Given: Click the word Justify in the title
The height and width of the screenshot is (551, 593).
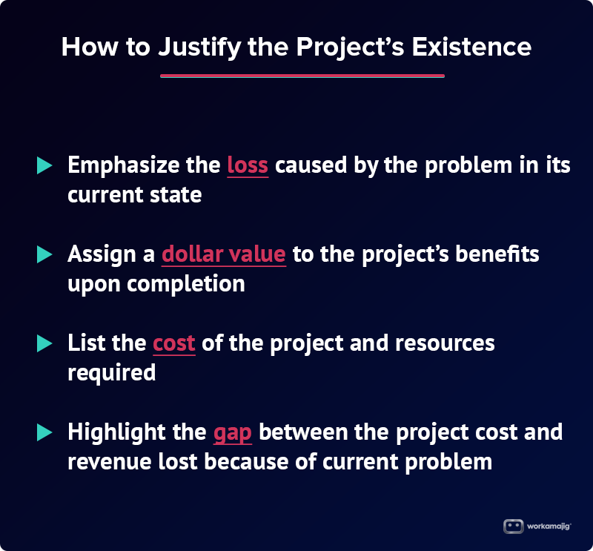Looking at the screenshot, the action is pos(199,47).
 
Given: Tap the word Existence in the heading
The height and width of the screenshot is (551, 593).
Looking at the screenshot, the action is pos(471,47).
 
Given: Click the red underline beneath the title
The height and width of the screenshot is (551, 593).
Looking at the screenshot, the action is pos(302,76).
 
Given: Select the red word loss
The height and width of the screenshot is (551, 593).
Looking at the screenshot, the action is pos(248,165).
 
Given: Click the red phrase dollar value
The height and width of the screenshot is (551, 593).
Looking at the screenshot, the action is pos(224,254).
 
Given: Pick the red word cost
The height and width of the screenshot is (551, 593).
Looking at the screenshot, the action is pos(174,343).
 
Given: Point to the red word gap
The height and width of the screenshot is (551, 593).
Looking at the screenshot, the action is pos(232,434).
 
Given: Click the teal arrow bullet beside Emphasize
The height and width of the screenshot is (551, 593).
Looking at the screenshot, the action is pos(44,165).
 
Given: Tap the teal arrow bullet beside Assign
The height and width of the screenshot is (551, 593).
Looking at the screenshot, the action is pos(44,254).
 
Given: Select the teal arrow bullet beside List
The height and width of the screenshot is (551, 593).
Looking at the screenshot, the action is pos(44,343).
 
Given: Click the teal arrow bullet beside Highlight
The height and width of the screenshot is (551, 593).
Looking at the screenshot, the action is pos(44,432).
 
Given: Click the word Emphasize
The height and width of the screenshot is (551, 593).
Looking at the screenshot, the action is pos(123,166).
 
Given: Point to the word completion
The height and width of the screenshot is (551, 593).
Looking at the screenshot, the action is pos(186,285).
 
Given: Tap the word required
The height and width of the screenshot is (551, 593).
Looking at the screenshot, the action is pos(112,373).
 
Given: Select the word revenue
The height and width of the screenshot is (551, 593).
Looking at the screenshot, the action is pos(109,463).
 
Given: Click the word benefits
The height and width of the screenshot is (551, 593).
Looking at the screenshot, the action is pos(497,254).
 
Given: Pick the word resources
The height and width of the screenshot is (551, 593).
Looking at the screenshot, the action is pos(445,343).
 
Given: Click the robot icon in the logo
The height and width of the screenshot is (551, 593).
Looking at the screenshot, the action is pos(513,527).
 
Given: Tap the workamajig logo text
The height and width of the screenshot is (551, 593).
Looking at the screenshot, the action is pos(549,527).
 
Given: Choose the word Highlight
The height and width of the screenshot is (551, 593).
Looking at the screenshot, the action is pos(117,432).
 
